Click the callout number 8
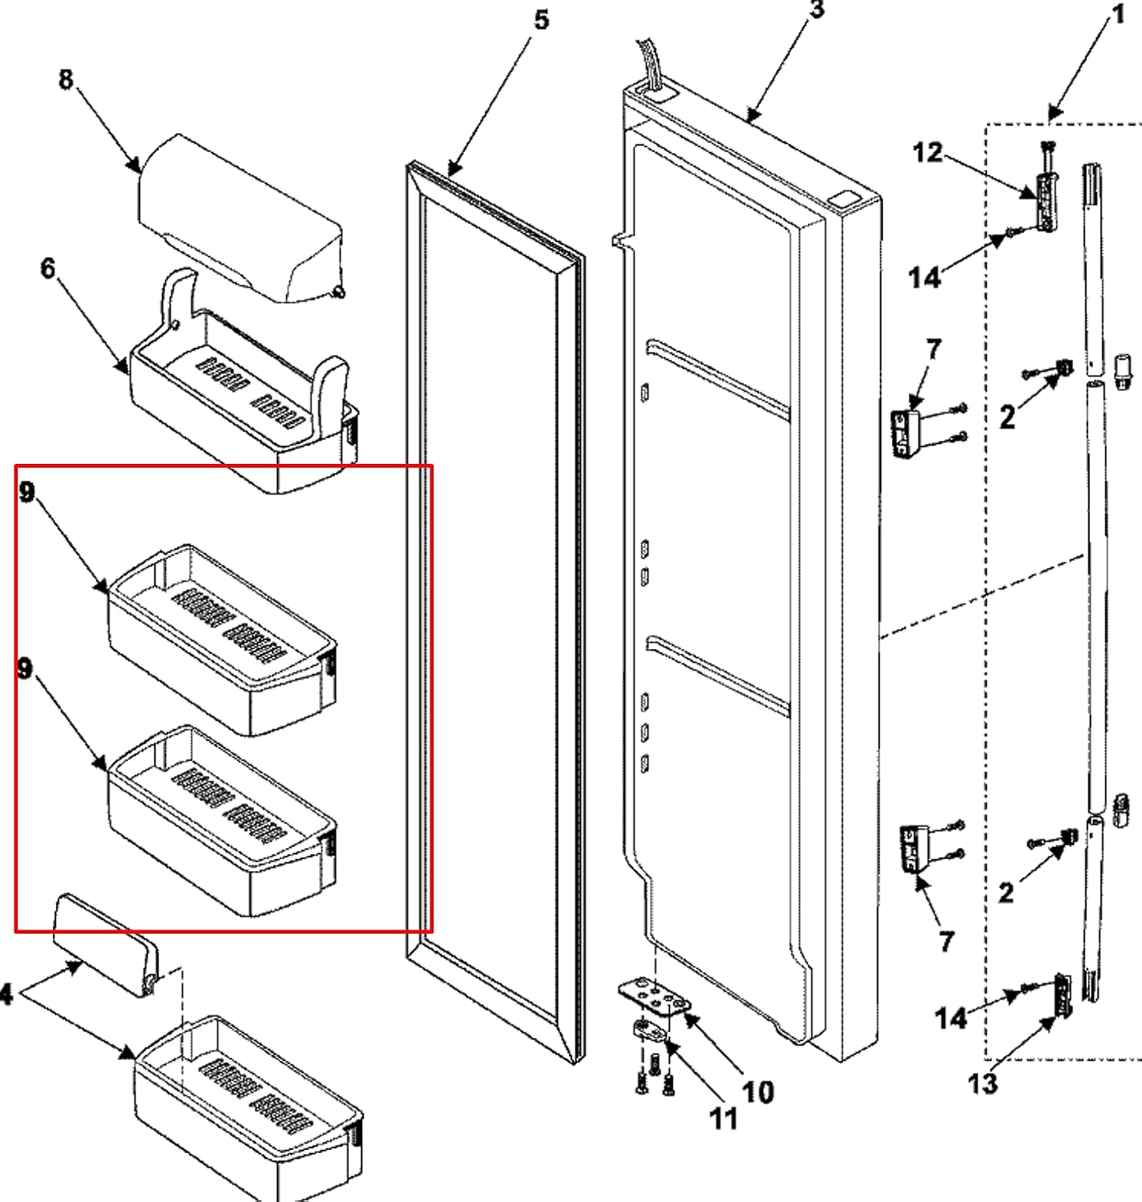coord(66,79)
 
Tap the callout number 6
coord(48,268)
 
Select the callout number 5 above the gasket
coord(542,20)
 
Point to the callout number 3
coord(816,10)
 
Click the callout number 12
coord(928,152)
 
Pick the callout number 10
coord(757,1091)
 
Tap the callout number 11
coord(724,1119)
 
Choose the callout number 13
coord(983,1083)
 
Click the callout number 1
coord(1118,14)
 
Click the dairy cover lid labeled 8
coord(240,216)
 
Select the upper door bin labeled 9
coord(220,641)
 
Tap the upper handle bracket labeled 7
coord(906,434)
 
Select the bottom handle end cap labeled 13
coord(1063,995)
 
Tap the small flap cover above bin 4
coord(104,946)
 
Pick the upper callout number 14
coord(924,278)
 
